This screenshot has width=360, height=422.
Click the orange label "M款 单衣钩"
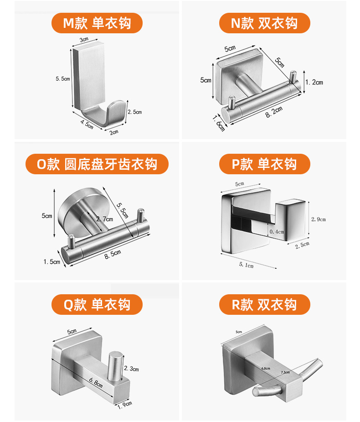coord(97,23)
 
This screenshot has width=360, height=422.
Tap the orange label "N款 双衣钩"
coord(264,23)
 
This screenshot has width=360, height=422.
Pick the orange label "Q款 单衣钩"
coord(97,305)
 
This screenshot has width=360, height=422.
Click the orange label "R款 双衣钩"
coord(264,305)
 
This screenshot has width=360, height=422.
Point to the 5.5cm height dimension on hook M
coord(62,79)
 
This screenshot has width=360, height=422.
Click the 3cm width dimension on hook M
coord(84,40)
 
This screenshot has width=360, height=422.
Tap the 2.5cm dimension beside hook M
coord(134,112)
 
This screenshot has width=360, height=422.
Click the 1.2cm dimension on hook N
coord(314,83)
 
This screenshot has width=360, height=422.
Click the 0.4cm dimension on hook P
coord(277,232)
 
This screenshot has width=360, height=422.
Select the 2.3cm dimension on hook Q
coord(131,369)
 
